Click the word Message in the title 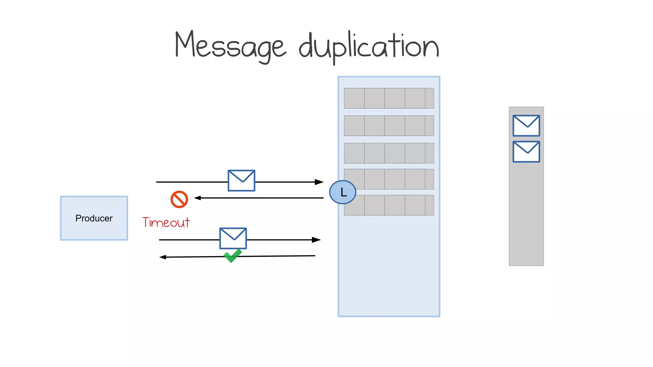230,46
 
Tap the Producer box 94,218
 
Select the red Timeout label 166,222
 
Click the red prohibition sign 179,199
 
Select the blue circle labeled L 342,192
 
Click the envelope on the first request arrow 241,181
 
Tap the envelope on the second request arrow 233,238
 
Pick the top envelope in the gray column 526,126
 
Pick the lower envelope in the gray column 526,152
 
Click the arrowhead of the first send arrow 319,182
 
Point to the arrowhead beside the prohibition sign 198,198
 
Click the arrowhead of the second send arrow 316,240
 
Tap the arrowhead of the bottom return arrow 163,257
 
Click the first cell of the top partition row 354,98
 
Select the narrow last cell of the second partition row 429,126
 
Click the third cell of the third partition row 395,153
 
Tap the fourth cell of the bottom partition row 415,205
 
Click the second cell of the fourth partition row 375,179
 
